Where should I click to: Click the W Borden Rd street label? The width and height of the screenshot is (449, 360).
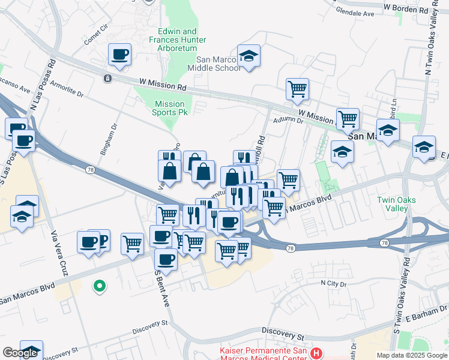409,9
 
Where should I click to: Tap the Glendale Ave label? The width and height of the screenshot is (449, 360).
355,13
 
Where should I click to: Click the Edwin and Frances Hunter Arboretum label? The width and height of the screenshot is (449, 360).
177,40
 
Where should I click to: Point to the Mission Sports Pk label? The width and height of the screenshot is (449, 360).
169,108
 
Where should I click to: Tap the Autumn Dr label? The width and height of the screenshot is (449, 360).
288,121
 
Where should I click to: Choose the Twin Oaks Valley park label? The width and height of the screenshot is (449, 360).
393,204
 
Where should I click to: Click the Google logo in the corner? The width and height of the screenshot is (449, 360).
20,353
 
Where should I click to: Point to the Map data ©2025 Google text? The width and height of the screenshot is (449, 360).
412,355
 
